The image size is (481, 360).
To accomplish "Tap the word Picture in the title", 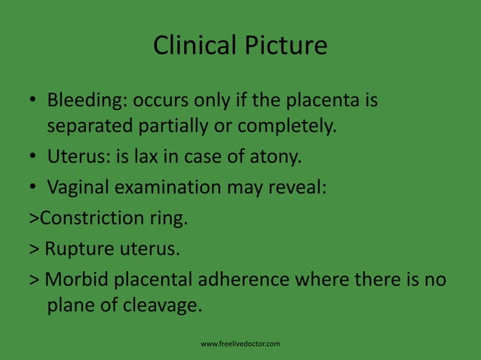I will [x=284, y=46].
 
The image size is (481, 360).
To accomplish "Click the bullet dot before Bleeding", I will [x=33, y=101].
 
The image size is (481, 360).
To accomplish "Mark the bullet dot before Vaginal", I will [x=33, y=188].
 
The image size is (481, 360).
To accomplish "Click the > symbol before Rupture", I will [x=34, y=249].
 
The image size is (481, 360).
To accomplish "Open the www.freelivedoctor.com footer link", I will [x=240, y=344].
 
